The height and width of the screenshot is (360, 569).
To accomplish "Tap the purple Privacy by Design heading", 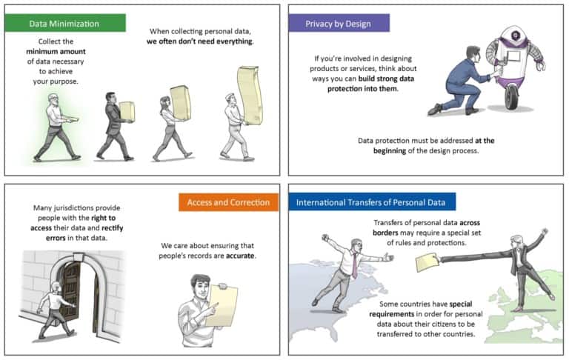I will coord(339,23).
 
